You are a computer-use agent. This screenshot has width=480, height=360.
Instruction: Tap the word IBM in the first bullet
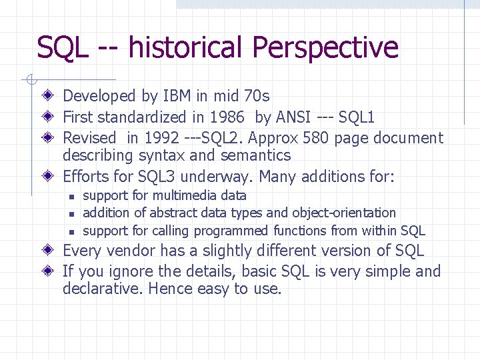point(176,96)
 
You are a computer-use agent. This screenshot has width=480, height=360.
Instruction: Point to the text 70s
point(257,96)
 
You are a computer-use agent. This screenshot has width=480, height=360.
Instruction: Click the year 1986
point(227,117)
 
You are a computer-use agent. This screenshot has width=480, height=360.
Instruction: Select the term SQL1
point(357,117)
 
